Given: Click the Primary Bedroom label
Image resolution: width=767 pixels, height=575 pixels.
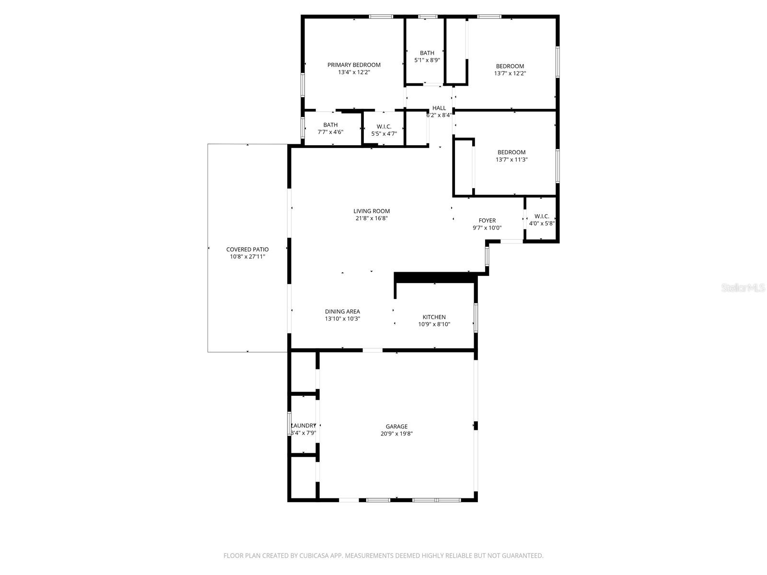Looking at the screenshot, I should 354,65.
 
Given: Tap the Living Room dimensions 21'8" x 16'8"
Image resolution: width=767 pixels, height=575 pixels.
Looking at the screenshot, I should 372,218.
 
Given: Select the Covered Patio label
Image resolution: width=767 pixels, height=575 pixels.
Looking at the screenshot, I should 247,250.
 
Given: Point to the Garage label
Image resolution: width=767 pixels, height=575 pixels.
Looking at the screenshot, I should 396,426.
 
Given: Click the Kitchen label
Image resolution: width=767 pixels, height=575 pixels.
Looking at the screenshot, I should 434,317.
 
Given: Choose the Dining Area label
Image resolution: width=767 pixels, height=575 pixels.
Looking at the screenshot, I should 342,311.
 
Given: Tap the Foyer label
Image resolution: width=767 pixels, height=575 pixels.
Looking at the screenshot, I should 487,221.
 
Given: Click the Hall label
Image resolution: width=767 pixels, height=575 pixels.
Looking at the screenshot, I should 439,108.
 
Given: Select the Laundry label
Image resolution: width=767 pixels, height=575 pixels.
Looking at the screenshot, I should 304,425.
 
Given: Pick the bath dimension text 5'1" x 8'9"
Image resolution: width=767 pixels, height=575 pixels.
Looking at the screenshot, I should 427,60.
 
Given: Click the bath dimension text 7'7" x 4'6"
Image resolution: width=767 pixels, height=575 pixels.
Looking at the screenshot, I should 330,132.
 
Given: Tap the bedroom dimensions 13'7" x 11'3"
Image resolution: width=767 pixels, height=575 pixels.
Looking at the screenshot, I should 511,160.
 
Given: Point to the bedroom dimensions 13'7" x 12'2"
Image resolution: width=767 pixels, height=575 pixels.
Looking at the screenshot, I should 510,74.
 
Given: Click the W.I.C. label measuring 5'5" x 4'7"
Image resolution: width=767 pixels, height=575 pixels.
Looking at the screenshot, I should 384,126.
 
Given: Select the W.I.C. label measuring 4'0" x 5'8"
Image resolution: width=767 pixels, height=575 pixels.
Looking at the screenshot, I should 542,216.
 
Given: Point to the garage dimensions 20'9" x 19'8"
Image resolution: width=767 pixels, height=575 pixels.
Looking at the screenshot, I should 396,434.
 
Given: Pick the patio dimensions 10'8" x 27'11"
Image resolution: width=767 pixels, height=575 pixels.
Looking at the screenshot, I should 247,257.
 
